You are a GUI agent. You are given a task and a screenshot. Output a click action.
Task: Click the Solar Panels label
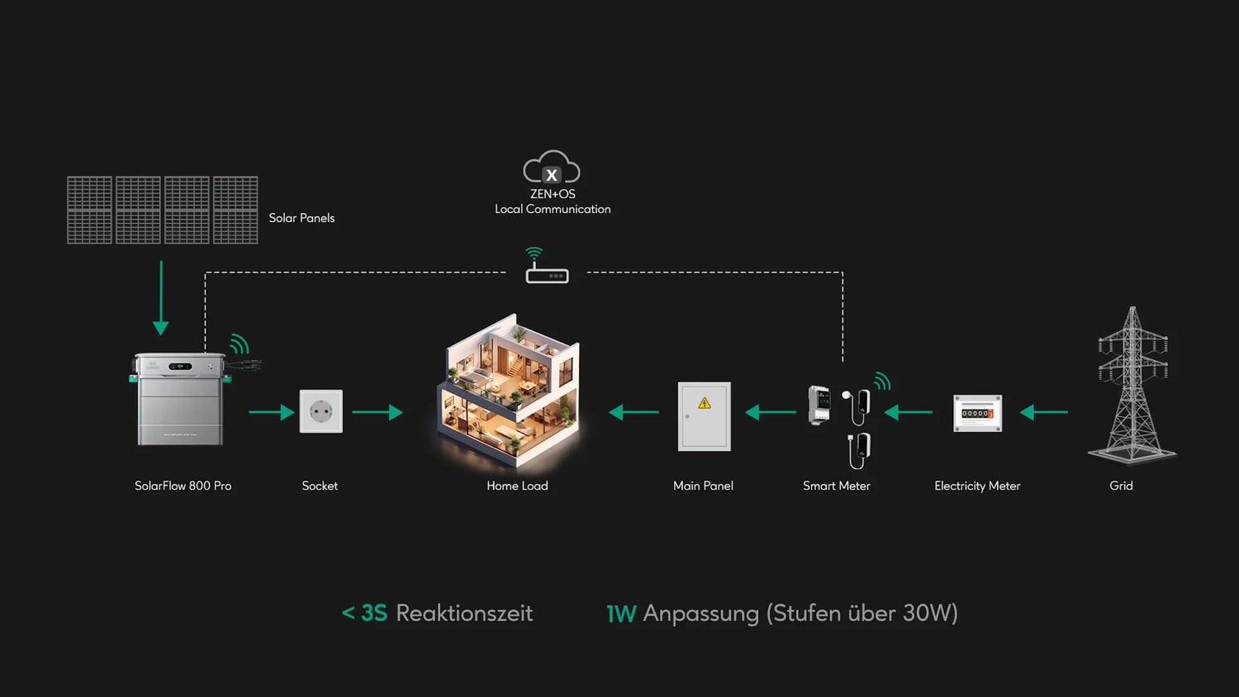tap(301, 218)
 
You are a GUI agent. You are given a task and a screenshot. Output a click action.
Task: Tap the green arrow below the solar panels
tap(161, 297)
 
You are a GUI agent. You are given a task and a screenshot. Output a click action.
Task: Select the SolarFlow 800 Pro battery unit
tap(179, 400)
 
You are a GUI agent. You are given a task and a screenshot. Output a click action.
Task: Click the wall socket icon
tap(320, 411)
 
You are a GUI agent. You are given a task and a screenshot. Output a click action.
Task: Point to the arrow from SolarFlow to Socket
tap(271, 412)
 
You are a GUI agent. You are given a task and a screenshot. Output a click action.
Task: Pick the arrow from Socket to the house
tap(377, 412)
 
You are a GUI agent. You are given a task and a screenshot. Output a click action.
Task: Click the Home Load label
tap(517, 486)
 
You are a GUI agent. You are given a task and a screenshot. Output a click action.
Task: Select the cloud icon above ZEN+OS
tap(552, 168)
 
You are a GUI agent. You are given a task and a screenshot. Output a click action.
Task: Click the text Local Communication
tap(553, 210)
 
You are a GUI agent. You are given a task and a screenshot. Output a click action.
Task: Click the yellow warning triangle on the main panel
tap(705, 403)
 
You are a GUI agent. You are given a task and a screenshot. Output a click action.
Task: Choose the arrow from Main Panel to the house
tap(634, 412)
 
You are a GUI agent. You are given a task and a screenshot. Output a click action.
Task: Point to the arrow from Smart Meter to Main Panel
tap(770, 412)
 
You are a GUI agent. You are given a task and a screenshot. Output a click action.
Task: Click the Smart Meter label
tap(836, 486)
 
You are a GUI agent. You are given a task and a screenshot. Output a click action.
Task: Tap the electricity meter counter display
tap(976, 413)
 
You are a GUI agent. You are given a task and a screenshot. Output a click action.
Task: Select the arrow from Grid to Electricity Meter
tap(1043, 412)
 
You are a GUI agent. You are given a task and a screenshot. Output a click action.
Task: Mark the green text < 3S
tap(364, 613)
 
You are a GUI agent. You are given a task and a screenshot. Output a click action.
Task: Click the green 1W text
tap(621, 614)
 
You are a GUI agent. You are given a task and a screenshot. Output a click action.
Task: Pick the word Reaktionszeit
tap(464, 613)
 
